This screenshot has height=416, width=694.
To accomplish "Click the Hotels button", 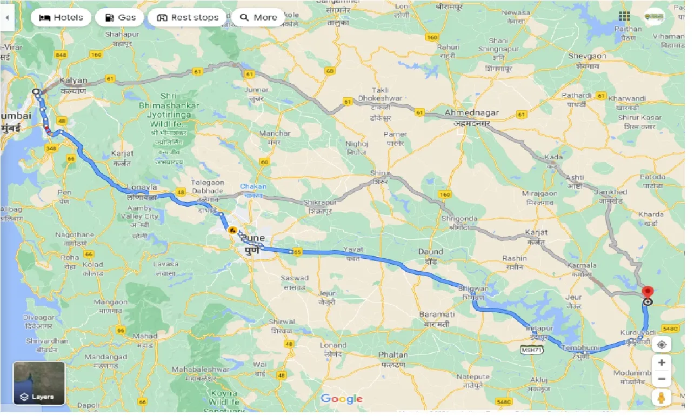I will pos(61,17).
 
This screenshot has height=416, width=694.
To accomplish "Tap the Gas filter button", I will pos(119,17).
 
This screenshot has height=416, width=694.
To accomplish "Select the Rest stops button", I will pos(188,17).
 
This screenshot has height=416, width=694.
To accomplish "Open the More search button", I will pos(258,17).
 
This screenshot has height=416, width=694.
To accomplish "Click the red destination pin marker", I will pos(648,293).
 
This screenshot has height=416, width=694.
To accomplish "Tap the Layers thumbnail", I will pos(39,383).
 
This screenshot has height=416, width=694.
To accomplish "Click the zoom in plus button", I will pos(661,362).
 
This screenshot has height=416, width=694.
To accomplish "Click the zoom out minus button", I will pos(661,380).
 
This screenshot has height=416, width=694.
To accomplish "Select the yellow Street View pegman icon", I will pos(661,398).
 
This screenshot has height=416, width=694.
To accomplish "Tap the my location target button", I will pos(661,344).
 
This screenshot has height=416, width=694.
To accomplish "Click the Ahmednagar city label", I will pos(471,113).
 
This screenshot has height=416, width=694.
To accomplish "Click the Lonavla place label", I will pos(141,187).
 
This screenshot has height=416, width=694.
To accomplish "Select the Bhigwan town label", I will pos(473,288).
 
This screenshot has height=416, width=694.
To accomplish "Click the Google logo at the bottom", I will pos(341,399).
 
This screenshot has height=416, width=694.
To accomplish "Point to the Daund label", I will pos(430,251).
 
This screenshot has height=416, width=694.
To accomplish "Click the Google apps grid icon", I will pos(625,17).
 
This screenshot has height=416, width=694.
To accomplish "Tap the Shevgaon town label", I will pos(587,56).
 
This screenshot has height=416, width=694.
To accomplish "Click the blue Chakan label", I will pos(253,186).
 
